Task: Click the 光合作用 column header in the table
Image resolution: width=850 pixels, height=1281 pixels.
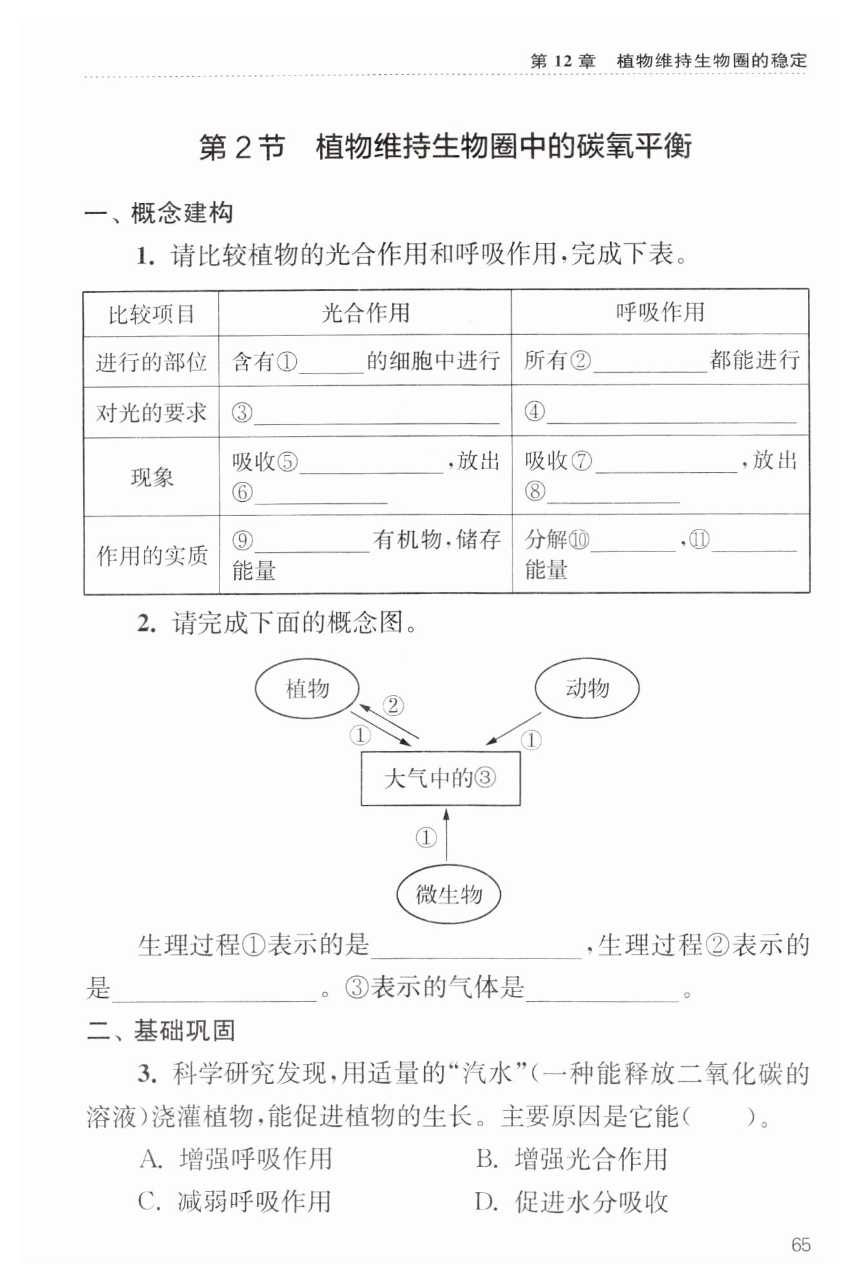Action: coord(365,313)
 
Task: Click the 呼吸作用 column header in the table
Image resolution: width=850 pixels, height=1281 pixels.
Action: coord(660,312)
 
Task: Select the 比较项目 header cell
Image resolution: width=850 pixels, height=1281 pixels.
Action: coord(151,315)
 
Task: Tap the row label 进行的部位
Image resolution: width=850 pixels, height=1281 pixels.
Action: coord(151,362)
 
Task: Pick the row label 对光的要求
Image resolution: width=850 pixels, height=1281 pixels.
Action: coord(151,412)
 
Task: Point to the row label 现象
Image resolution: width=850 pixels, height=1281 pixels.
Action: coord(152,477)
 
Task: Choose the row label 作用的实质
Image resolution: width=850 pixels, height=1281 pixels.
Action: coord(152,555)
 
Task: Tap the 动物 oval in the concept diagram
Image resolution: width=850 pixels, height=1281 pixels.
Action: coord(587,688)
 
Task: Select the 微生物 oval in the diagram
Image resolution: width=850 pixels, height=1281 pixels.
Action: coord(449,895)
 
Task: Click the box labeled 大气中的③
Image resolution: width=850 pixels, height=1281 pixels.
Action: coord(440,779)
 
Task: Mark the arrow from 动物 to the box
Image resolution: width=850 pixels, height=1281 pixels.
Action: coord(514,728)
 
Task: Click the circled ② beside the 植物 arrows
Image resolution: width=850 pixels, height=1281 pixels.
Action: coord(393,706)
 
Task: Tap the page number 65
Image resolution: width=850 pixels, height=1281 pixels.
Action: coord(800,1245)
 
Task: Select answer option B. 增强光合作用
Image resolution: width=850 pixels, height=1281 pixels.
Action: coord(572,1159)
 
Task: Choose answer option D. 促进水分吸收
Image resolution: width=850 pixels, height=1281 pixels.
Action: coord(572,1202)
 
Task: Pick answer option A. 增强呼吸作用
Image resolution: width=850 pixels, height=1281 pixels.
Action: coord(236,1159)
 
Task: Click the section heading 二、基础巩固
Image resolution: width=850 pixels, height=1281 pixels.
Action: coord(161,1030)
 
